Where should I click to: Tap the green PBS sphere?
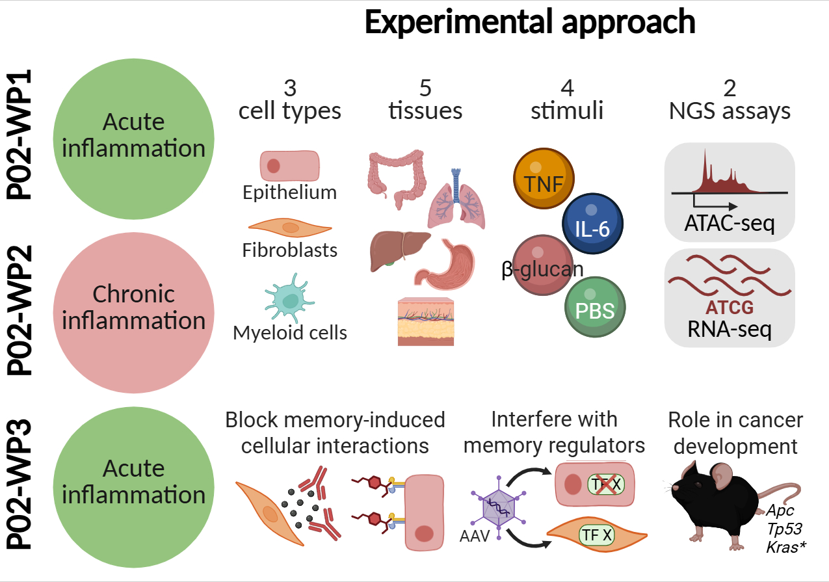595,308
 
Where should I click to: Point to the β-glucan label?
542,269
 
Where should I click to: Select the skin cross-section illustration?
426,323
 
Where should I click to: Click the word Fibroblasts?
289,250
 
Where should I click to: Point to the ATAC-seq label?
730,224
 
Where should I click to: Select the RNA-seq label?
730,330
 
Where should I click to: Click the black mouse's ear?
721,478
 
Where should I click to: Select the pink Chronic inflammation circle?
133,309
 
